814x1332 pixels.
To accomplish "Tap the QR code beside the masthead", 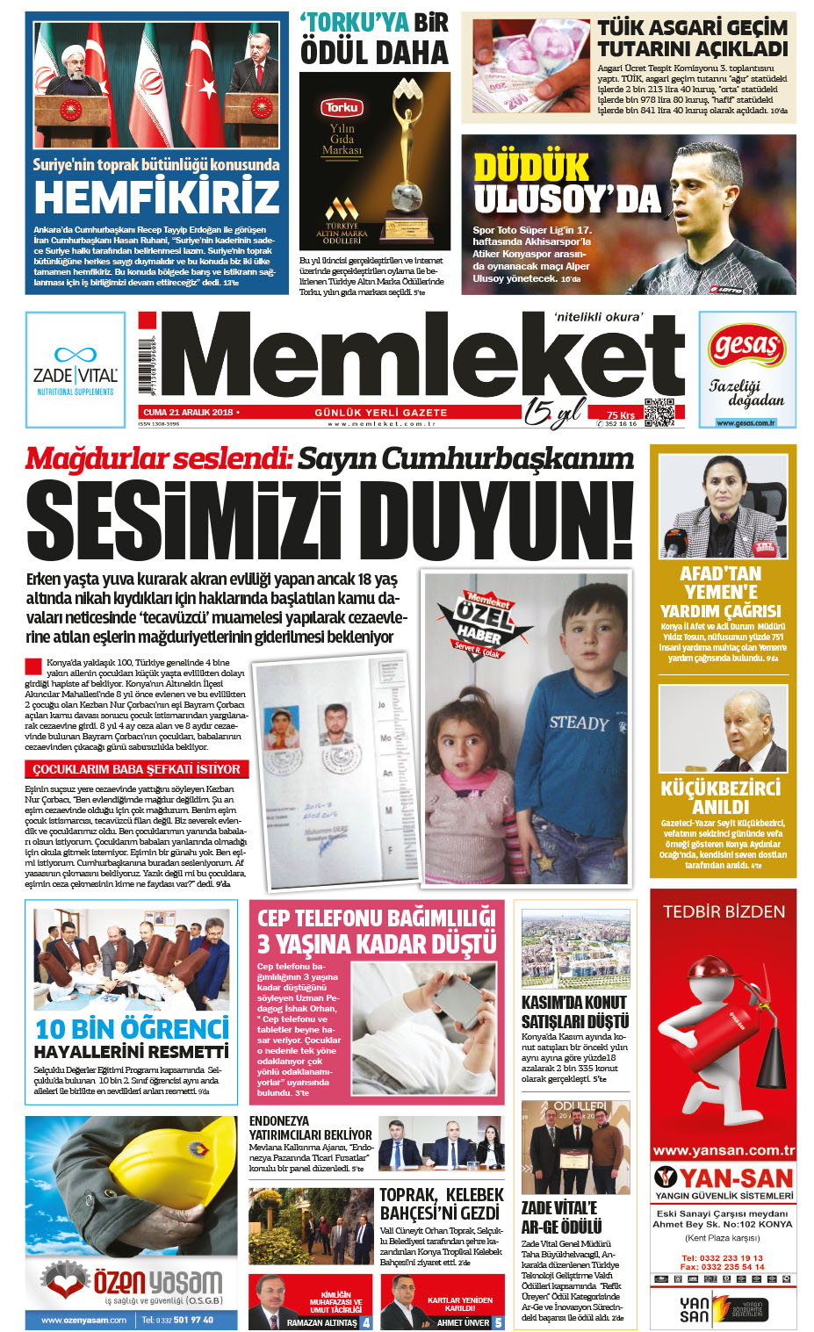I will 659,412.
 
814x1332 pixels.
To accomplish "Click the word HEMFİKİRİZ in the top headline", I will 156,196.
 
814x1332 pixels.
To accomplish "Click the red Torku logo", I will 341,108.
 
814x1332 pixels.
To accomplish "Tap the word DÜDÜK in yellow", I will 530,167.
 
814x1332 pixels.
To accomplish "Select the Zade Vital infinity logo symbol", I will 76,355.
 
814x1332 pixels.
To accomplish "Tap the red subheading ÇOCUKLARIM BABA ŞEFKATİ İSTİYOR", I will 136,769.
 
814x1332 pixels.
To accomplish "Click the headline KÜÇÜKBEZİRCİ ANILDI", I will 721,796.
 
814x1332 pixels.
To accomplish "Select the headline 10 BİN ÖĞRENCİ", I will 132,1028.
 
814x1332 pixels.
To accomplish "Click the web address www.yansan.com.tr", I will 724,1150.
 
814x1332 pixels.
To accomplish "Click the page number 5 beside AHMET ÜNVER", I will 498,1322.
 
